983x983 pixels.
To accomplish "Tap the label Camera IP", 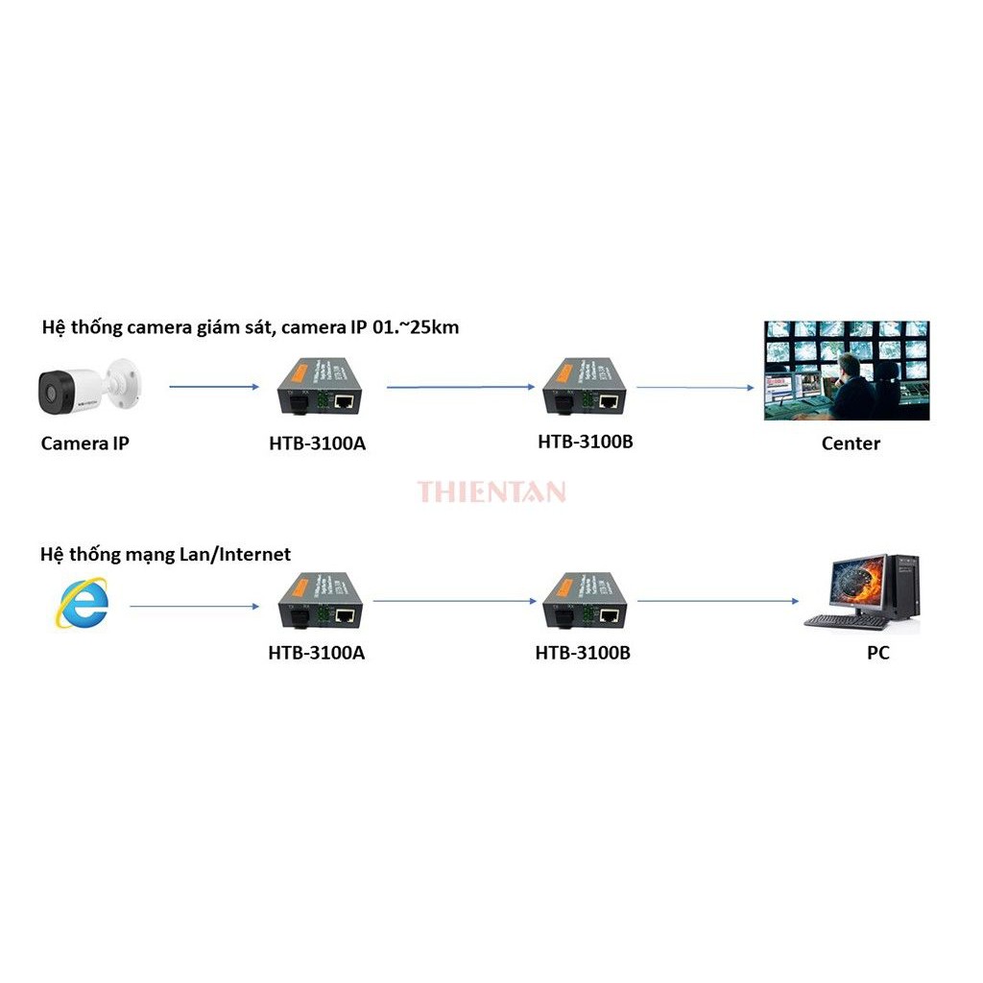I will coord(84,444).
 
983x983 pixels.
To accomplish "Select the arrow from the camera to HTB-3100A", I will coord(214,387).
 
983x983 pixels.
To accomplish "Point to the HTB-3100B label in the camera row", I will coord(586,442).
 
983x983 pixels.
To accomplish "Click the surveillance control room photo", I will coord(846,371).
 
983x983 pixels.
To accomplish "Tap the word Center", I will coord(851,444).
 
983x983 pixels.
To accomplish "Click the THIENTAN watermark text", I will coord(491,492).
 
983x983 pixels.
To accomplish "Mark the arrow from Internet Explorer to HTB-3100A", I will coord(195,607).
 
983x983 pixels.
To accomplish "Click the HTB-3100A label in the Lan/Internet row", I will coord(316,653).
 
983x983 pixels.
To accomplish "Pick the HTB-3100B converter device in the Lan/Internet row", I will coord(583,602).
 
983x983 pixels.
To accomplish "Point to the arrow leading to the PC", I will coord(718,601).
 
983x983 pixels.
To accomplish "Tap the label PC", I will coord(877,653).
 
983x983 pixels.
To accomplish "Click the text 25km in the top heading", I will coord(434,327).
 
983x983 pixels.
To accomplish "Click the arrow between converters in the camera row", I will coord(461,387).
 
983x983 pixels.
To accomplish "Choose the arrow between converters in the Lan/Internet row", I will coord(455,601).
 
